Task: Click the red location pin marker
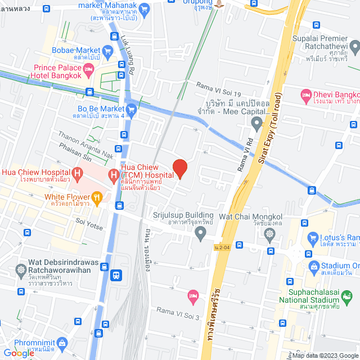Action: click(179, 168)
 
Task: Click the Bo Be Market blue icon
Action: click(131, 110)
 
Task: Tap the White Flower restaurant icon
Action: click(97, 197)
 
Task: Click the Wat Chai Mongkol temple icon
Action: click(271, 233)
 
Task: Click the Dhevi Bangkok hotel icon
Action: click(306, 93)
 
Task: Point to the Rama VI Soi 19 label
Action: click(218, 85)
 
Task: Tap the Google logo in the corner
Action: click(18, 353)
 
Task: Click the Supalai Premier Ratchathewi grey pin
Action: click(353, 46)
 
